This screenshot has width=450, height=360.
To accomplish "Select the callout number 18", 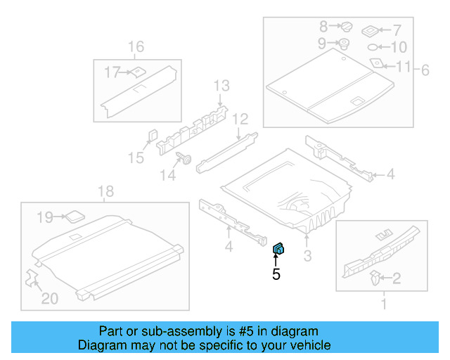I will coord(105,191).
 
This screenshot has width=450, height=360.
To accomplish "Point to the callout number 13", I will coord(221,86).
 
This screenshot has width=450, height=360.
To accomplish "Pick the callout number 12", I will coord(240,118).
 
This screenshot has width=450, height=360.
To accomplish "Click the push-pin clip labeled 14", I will coord(186,158).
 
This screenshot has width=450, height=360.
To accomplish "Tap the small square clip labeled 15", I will coord(151,134).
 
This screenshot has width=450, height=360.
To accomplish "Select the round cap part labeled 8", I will coord(346,27).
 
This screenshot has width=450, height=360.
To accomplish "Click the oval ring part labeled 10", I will coord(373,48).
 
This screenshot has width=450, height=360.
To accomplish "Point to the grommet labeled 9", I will coord(345,44).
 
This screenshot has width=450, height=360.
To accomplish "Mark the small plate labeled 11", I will coord(377,63).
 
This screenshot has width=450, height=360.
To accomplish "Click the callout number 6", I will coord(425,69).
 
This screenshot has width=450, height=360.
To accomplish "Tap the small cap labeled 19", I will coord(74,215).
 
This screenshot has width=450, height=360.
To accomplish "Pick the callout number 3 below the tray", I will coord(307,255).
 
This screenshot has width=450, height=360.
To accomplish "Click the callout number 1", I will coord(383,304).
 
